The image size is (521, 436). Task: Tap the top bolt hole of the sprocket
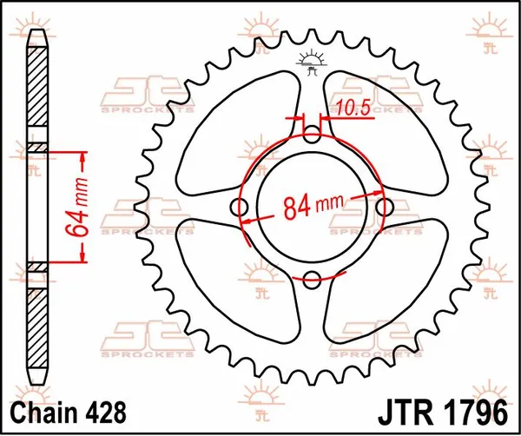pos(313,135)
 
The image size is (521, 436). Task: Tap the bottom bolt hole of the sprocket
pos(313,278)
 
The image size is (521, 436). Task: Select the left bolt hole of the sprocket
pos(241,207)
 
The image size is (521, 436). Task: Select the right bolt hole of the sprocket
pos(385,207)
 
